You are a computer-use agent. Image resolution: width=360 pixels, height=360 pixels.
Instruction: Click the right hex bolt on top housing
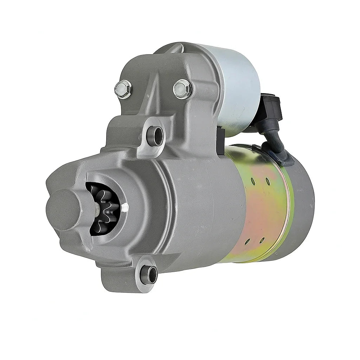tap(182, 89)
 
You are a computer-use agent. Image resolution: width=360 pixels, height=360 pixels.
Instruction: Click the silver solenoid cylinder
tap(232, 88)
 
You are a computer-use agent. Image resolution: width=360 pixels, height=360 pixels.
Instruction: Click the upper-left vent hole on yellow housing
tap(253, 181)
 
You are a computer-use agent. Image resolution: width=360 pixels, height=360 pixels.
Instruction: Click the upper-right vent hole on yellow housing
tap(268, 181)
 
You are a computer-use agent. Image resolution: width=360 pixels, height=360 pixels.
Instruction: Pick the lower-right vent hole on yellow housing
tap(262, 240)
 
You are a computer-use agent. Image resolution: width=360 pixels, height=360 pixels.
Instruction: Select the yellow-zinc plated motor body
tap(260, 211)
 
